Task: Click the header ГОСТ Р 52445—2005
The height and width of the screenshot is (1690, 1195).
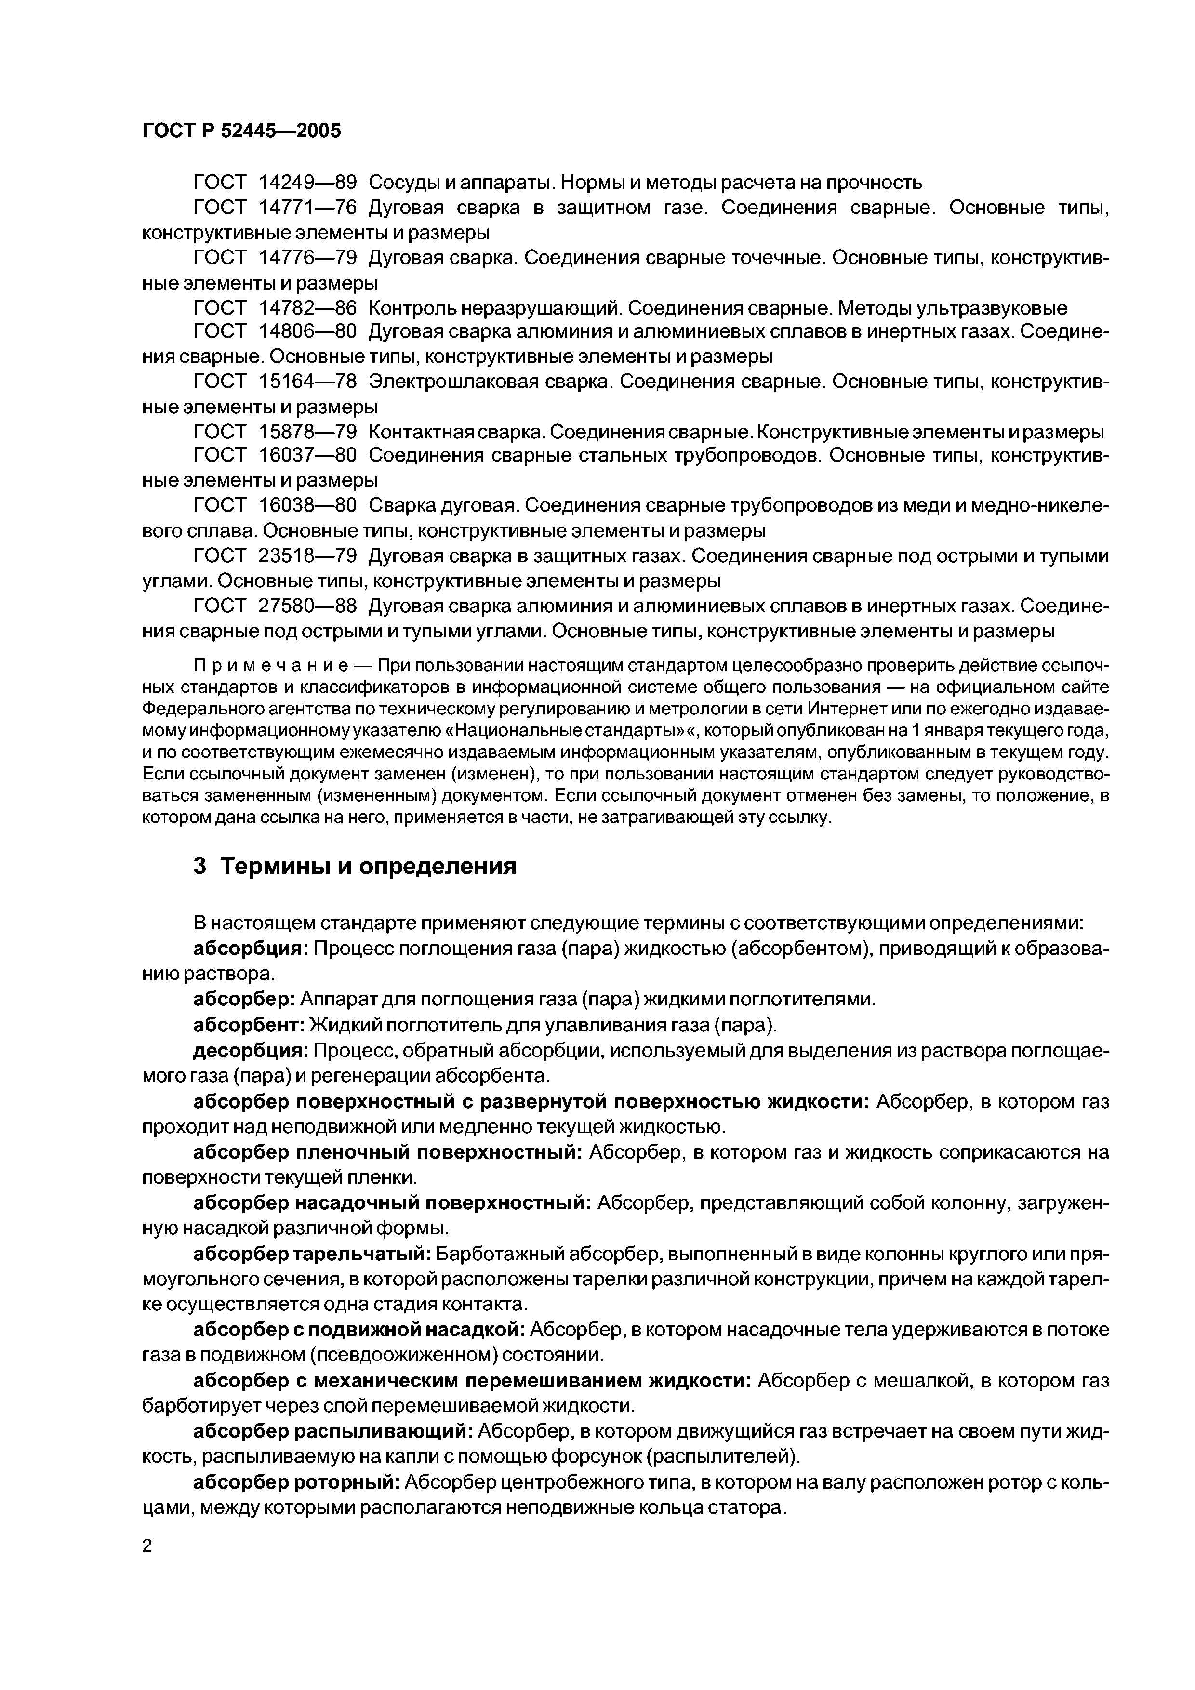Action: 241,131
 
